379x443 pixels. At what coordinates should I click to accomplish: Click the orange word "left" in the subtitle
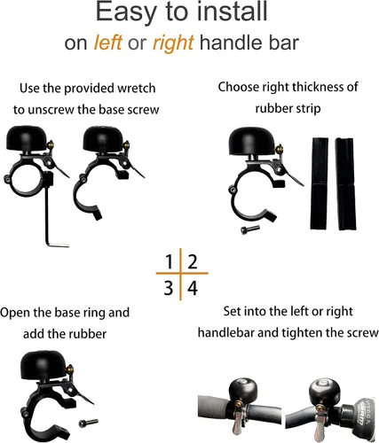[x=107, y=43]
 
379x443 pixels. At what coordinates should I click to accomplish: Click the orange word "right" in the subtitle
[x=173, y=43]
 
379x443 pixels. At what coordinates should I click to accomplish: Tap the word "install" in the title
[x=233, y=12]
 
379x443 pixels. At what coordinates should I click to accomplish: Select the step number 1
[x=169, y=261]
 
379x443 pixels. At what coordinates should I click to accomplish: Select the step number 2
[x=193, y=261]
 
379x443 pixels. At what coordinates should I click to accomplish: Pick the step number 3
[x=169, y=288]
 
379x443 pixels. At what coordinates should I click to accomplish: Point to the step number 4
[x=193, y=288]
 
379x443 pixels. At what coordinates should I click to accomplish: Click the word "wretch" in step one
[x=137, y=89]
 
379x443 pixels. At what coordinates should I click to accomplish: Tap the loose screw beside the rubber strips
[x=250, y=229]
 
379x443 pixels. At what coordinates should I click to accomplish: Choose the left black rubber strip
[x=319, y=183]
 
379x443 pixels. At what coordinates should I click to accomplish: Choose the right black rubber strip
[x=345, y=184]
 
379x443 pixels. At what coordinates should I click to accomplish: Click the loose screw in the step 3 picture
[x=89, y=423]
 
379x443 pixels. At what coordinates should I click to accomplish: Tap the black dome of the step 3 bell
[x=43, y=365]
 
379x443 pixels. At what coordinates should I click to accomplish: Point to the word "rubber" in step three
[x=87, y=334]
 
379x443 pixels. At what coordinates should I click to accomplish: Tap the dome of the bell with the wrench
[x=27, y=137]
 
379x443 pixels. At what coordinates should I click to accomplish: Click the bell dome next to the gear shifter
[x=325, y=390]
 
